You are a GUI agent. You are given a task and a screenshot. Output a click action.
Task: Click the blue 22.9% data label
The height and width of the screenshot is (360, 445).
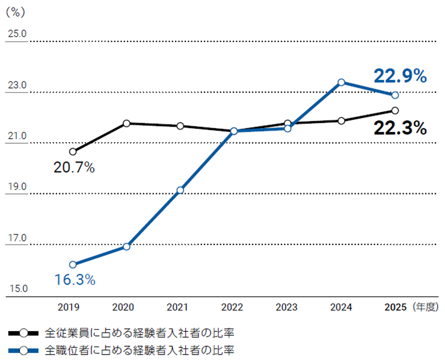coord(400,76)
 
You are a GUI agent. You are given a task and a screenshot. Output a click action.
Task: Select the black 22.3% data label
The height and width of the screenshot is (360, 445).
coord(400,128)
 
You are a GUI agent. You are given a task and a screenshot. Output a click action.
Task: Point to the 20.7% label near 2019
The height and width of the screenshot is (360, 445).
coord(74,168)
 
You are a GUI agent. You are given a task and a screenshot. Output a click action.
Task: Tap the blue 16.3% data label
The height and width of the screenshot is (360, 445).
coord(75,280)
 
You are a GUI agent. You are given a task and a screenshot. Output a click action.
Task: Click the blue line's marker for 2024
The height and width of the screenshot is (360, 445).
coord(341,82)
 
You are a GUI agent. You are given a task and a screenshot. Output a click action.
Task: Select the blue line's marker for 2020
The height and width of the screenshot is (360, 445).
coord(126,247)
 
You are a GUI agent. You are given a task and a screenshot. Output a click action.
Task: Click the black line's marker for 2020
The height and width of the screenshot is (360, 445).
coord(126,123)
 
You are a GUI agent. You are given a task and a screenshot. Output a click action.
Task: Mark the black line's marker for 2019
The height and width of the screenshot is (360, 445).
coord(73,152)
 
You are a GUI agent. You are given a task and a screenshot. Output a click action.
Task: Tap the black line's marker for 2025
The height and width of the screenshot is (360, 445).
coord(395,111)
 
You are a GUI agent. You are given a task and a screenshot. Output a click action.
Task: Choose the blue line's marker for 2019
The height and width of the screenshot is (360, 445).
coord(73,265)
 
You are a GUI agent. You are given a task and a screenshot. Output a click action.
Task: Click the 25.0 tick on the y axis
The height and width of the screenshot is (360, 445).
coord(17,34)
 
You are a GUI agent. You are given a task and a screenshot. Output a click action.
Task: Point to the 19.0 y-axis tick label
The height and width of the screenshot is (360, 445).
coord(17,187)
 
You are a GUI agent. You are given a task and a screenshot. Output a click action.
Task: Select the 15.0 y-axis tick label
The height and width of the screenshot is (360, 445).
coord(17,290)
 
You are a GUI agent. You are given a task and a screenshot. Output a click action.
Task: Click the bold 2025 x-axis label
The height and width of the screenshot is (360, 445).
coord(395,307)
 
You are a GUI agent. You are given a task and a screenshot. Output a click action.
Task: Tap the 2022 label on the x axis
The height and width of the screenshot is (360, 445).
coord(232,307)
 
